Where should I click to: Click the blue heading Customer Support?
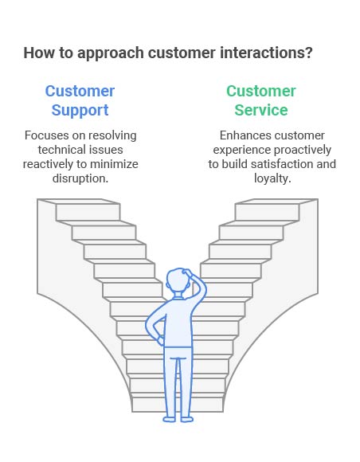tap(80, 100)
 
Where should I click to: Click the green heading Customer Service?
tap(261, 100)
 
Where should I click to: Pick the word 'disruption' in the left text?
tap(79, 178)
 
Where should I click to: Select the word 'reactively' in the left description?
tap(48, 164)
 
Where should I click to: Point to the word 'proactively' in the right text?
tap(302, 150)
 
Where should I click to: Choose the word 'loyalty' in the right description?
tap(271, 178)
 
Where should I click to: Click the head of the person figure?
tap(178, 280)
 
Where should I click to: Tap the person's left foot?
tap(170, 419)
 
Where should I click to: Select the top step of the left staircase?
tap(88, 209)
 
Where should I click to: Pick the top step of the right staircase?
tap(267, 209)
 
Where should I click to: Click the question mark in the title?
tap(309, 53)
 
